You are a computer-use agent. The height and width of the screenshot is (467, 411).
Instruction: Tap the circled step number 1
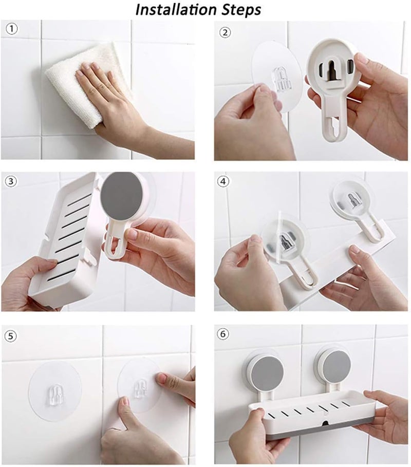[12, 29]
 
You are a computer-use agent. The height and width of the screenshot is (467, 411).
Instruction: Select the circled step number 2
[225, 32]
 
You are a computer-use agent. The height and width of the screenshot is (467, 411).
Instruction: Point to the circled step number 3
[11, 181]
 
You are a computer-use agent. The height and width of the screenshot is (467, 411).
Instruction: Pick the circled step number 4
[223, 181]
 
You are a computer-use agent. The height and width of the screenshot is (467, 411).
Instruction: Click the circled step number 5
[10, 337]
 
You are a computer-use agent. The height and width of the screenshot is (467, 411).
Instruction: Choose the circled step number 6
[223, 334]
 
